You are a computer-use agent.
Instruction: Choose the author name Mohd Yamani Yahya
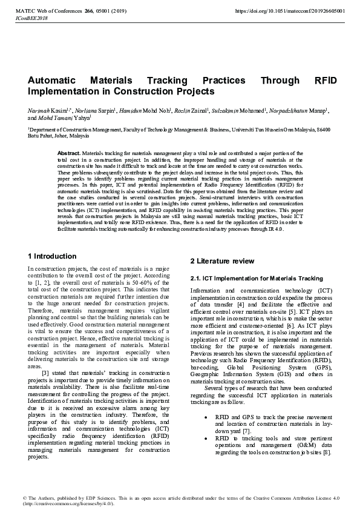point(66,119)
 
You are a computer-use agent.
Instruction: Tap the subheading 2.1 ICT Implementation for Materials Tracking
point(257,279)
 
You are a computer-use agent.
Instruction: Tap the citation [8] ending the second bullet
point(327,452)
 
